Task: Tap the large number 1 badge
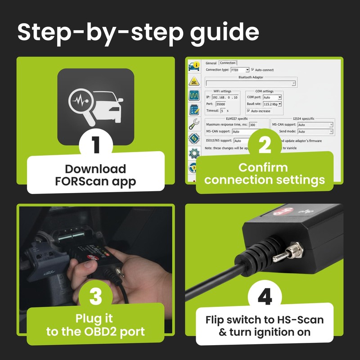[95, 145]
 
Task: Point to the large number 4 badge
[264, 297]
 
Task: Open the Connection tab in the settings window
[227, 63]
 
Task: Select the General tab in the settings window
[211, 63]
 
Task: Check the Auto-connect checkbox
[252, 70]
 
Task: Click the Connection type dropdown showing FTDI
[239, 70]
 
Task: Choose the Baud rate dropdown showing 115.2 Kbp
[272, 104]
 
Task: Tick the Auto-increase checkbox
[248, 111]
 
